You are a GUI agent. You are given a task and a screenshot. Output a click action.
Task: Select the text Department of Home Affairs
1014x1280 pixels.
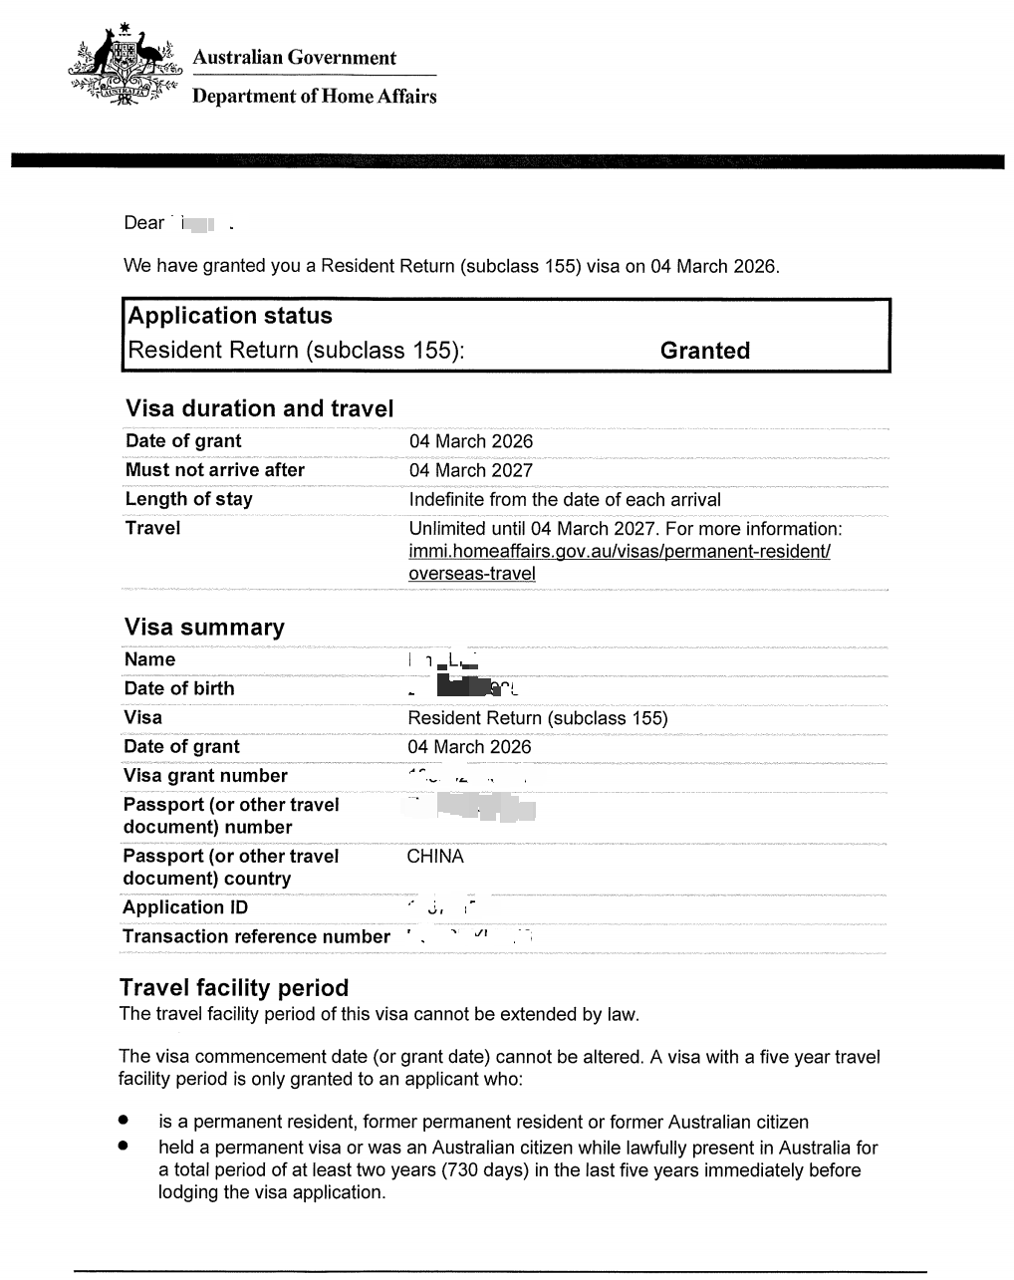(314, 97)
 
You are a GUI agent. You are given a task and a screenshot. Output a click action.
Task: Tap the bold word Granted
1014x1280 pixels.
(704, 351)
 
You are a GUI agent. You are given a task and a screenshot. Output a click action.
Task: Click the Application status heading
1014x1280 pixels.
(230, 316)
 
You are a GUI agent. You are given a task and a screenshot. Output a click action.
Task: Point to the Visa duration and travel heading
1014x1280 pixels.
(259, 408)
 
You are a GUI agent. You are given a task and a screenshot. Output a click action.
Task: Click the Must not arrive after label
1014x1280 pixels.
(215, 470)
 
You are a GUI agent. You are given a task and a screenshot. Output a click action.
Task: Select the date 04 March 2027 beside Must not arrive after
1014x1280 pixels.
(470, 470)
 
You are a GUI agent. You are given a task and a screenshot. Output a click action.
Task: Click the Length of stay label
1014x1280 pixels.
(189, 499)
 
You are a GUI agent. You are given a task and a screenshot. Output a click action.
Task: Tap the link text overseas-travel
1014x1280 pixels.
(471, 574)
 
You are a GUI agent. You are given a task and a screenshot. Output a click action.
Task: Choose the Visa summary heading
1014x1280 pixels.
(204, 628)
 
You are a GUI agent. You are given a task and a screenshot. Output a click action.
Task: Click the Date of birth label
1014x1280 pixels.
(179, 688)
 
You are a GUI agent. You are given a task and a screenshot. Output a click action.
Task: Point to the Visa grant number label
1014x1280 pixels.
(205, 776)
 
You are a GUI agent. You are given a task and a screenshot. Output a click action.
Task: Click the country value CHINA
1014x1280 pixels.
(435, 857)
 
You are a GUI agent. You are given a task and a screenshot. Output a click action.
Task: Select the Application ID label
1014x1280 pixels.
(185, 907)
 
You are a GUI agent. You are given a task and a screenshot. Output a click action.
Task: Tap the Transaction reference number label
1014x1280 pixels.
(256, 936)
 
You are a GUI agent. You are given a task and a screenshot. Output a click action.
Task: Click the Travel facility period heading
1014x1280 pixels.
(234, 988)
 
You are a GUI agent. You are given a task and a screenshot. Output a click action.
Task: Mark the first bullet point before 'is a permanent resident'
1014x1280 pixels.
(124, 1122)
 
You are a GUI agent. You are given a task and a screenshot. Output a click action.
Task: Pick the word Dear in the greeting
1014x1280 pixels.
(143, 223)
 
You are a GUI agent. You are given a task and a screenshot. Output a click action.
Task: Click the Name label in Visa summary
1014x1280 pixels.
(149, 659)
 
